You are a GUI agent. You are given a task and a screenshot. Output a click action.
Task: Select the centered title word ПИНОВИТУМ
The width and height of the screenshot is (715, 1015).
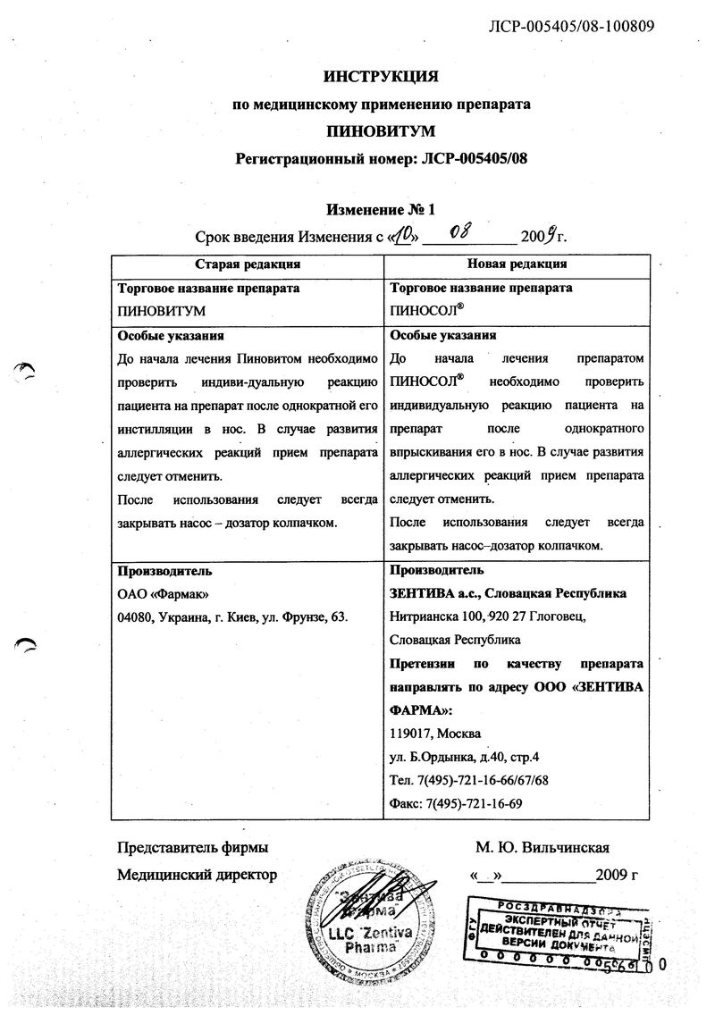pos(381,131)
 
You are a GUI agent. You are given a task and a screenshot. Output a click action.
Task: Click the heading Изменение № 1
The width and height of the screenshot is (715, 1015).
pos(381,210)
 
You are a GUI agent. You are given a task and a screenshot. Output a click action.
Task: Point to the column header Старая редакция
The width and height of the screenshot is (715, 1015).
pos(248,264)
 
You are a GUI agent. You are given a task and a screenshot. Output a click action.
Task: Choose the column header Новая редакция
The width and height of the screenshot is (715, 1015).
pos(516,264)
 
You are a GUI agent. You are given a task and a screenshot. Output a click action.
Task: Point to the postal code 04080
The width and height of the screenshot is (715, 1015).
pos(135,617)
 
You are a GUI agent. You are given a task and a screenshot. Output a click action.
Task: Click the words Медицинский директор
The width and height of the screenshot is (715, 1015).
pos(197,875)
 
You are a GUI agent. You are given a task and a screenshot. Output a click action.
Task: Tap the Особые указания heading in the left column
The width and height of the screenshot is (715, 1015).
pos(171,336)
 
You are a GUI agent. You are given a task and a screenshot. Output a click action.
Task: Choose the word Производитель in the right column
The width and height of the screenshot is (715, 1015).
pos(437,570)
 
